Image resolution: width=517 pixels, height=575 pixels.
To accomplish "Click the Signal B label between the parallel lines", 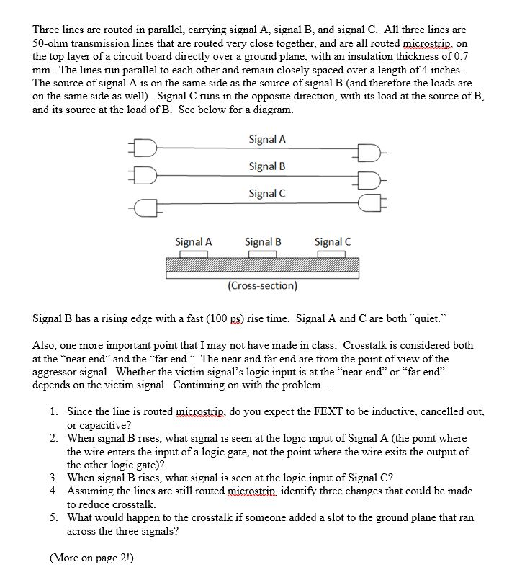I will [x=267, y=166].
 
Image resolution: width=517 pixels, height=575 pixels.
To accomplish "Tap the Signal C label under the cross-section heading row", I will [x=333, y=242].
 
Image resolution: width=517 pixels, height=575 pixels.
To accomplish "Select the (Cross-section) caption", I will [x=262, y=286].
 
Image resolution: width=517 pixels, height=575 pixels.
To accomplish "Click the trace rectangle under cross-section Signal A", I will [x=192, y=254].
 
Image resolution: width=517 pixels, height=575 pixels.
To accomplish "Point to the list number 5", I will [x=55, y=517].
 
